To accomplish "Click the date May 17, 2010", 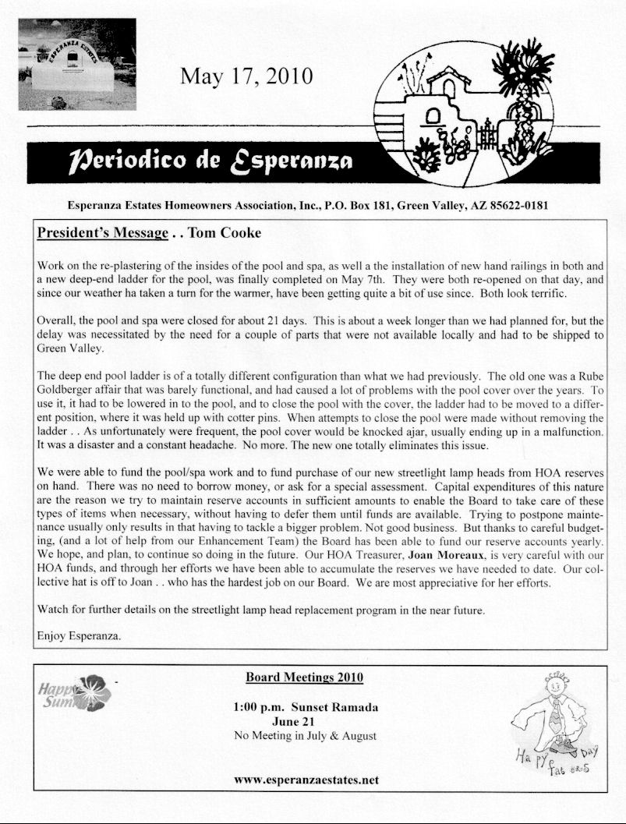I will tap(246, 76).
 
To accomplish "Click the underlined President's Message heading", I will tap(103, 233).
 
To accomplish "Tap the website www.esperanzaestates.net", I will tap(306, 779).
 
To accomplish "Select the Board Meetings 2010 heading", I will tap(305, 677).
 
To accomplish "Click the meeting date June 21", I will tap(305, 722).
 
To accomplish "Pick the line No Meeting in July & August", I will tap(305, 736).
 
